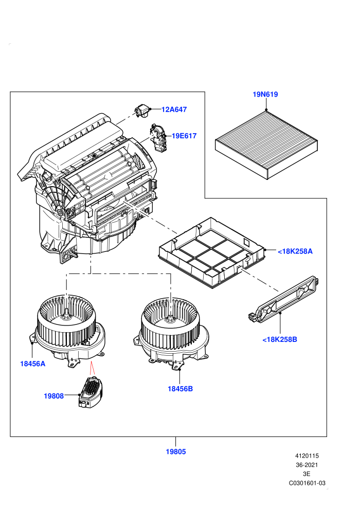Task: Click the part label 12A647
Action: (174, 110)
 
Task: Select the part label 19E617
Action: (184, 136)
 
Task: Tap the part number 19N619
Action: (265, 95)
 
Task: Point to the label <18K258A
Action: (295, 251)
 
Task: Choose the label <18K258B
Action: (279, 339)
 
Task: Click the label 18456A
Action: (33, 363)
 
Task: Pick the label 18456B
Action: (180, 389)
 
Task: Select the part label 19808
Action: (54, 396)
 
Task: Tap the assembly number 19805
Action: (175, 451)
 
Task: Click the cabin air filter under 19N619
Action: (266, 144)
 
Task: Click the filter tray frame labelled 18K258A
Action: (212, 252)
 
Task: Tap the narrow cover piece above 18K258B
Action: (285, 300)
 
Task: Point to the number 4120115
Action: (307, 456)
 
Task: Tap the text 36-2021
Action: (307, 465)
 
